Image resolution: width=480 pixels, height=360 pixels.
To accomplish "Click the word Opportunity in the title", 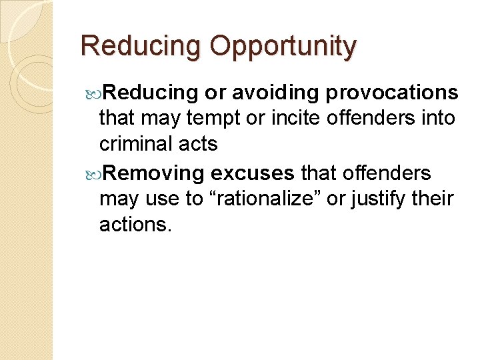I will click(283, 47).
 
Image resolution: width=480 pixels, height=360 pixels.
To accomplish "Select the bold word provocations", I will click(392, 92).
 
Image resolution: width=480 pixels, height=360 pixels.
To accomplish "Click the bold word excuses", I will click(252, 173).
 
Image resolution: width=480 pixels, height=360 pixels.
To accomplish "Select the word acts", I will click(200, 145).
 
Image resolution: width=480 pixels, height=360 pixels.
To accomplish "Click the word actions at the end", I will click(135, 225).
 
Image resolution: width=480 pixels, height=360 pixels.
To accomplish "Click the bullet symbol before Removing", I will click(93, 174).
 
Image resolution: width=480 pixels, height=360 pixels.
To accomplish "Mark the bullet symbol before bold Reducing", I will click(93, 93).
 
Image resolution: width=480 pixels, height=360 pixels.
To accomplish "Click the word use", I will click(163, 199).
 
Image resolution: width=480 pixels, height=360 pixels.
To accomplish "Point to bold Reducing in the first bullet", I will click(151, 92).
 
